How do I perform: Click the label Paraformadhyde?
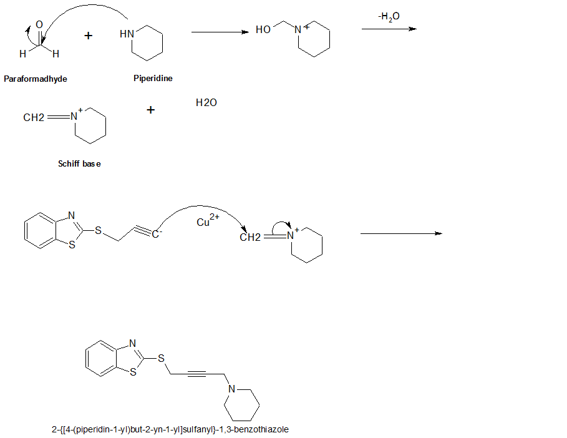35,79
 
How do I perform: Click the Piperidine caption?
153,79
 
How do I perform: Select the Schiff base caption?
79,163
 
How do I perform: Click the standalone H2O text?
206,102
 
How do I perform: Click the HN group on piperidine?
127,34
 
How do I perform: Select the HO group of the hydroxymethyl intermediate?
263,30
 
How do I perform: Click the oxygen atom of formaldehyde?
39,24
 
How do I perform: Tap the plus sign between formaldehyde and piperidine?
89,36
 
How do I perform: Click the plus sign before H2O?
151,110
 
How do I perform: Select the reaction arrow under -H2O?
389,29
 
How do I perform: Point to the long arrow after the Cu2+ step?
401,233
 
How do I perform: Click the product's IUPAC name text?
170,429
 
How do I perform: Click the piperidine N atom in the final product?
231,389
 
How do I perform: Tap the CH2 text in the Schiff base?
34,117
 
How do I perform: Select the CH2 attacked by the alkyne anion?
251,237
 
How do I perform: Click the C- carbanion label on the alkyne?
158,233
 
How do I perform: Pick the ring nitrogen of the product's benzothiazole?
132,343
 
